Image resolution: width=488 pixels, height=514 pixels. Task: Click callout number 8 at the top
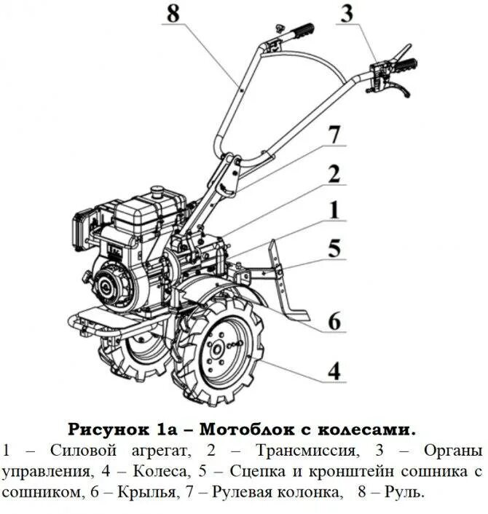(172, 14)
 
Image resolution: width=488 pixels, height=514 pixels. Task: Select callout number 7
(334, 135)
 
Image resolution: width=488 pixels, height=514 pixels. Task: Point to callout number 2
(334, 175)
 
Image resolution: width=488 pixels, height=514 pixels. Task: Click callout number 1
(334, 211)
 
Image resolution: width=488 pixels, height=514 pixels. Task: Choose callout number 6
(334, 320)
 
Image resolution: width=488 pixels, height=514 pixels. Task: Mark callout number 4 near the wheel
(334, 371)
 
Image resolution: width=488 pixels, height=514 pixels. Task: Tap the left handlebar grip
(300, 32)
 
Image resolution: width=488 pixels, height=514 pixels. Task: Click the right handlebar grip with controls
(403, 65)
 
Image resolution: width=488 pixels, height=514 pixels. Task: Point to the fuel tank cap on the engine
(155, 191)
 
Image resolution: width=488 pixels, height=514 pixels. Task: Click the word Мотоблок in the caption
(240, 427)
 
